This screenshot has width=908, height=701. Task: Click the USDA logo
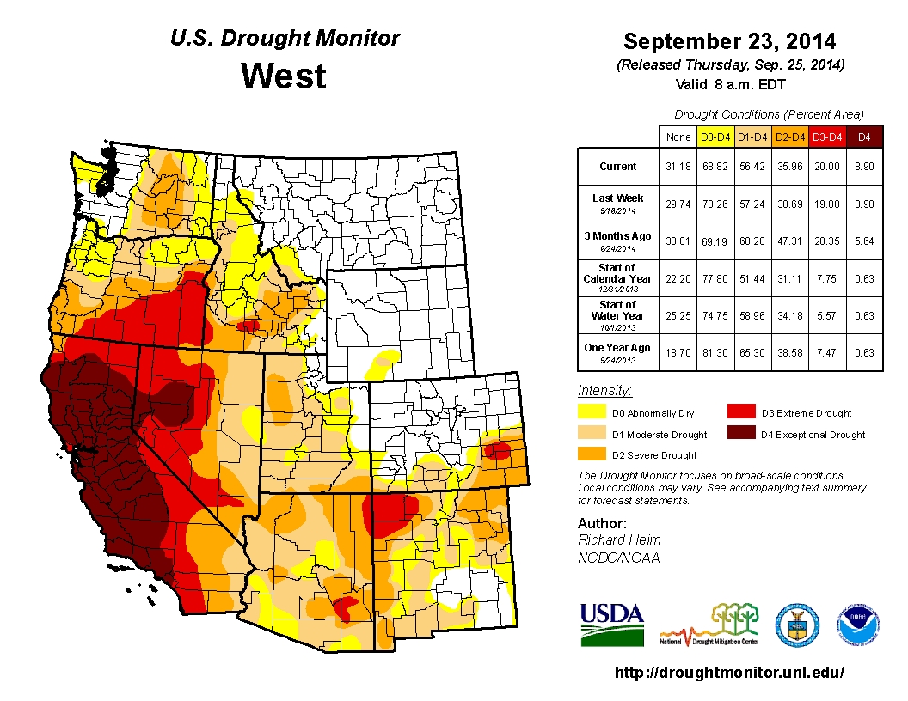click(x=611, y=624)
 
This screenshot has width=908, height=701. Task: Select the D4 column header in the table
click(x=864, y=137)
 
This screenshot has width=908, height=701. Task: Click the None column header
click(x=678, y=137)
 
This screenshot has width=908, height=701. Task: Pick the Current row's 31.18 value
click(x=678, y=167)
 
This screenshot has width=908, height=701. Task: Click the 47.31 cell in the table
click(x=789, y=241)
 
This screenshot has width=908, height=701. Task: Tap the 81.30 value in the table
click(x=715, y=352)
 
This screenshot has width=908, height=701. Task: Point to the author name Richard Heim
click(x=619, y=539)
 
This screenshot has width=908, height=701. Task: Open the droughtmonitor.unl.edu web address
click(x=729, y=673)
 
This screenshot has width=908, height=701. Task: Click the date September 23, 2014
click(x=729, y=41)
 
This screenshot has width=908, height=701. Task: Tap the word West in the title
click(x=284, y=76)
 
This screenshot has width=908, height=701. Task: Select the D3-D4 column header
click(x=826, y=137)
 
